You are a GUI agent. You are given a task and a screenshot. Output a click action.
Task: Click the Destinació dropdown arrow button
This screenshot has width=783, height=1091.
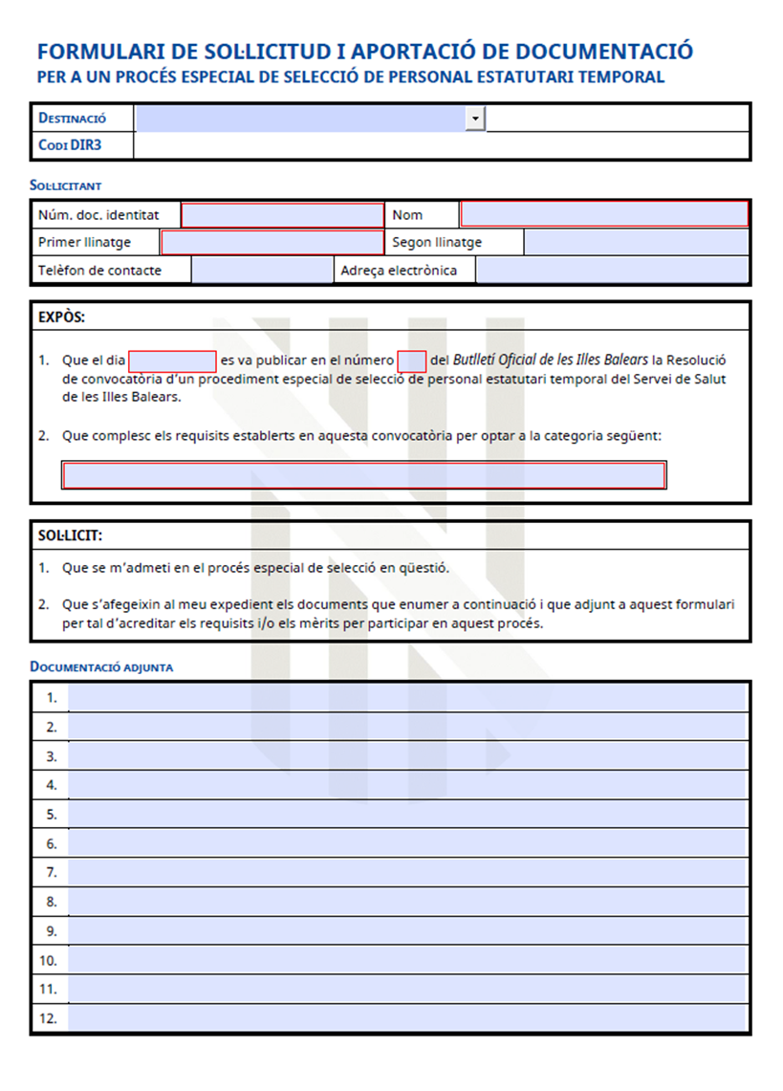pos(475,118)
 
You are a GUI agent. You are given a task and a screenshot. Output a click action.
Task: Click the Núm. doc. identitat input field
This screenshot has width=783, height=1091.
pos(282,215)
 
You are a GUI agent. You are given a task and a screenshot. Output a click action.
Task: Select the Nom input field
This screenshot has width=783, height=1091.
pos(604,214)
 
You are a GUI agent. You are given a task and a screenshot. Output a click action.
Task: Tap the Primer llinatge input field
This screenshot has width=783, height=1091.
pos(272,243)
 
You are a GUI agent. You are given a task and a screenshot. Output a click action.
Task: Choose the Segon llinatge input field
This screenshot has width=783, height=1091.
pos(636,243)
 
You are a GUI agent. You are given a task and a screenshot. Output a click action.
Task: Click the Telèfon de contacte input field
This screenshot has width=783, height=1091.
pos(262,271)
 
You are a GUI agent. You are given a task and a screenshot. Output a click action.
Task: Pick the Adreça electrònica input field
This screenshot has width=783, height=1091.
pos(612,271)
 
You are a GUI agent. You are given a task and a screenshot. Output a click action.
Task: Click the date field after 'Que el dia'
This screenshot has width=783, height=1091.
pos(172,361)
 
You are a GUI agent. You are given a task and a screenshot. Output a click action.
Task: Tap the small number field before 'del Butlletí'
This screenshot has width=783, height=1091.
pos(412,361)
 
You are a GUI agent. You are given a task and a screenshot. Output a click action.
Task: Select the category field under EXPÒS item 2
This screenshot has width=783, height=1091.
pos(363,475)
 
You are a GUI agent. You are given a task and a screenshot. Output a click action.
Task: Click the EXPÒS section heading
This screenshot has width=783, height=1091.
pos(61,316)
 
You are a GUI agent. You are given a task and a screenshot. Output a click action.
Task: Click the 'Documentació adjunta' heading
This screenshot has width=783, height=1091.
pos(101,666)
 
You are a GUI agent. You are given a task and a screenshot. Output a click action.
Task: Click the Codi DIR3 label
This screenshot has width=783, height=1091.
pos(70,145)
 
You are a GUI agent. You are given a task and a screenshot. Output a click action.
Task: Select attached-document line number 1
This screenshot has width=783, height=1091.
pos(406,698)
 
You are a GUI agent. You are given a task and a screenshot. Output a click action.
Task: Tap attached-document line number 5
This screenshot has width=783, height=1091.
pos(406,815)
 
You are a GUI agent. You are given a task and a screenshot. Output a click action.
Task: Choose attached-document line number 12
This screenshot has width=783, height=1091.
pos(406,1018)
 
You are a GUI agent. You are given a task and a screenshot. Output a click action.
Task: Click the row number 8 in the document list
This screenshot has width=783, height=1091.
pos(52,902)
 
